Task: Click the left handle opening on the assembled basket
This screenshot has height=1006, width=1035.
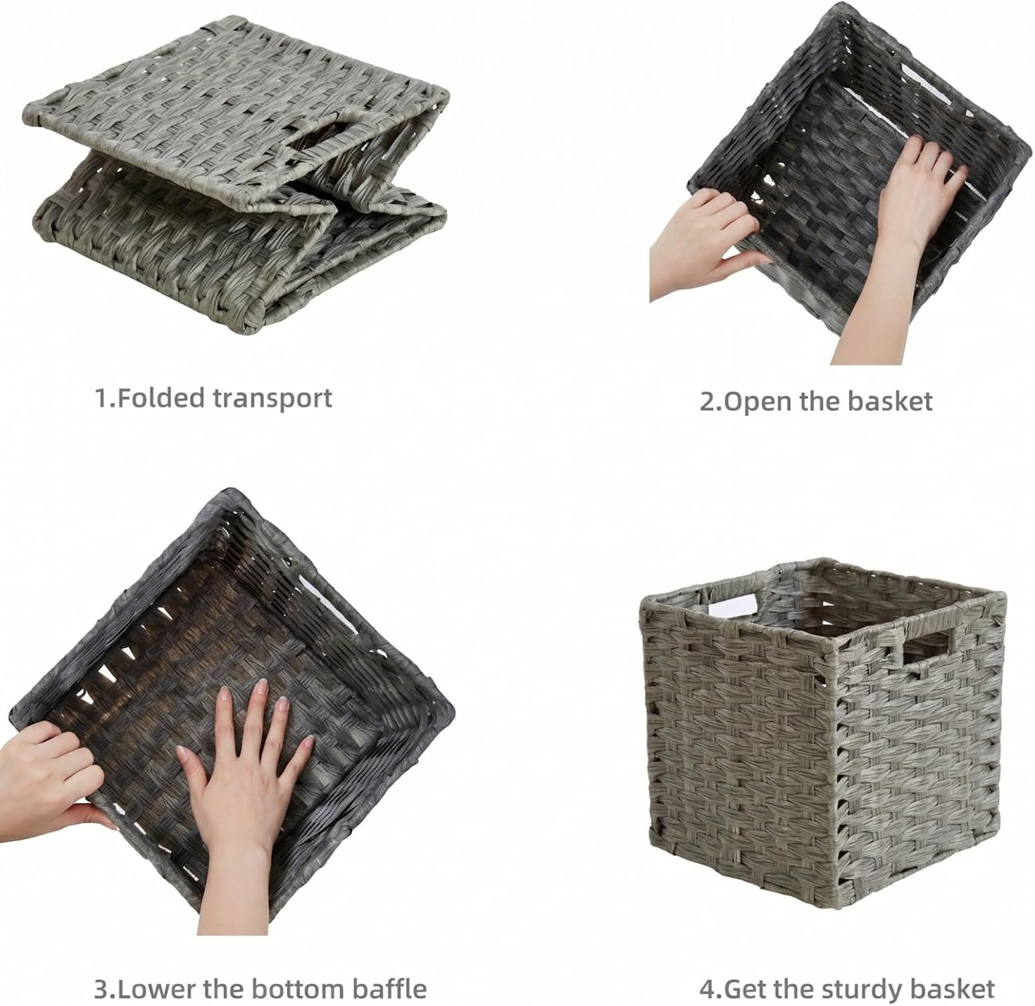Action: pos(731,604)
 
